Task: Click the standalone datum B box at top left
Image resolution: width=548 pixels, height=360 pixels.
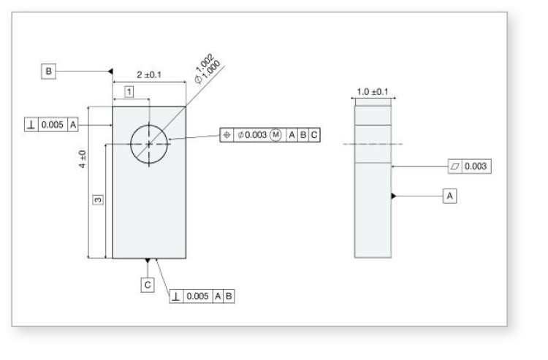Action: (49, 71)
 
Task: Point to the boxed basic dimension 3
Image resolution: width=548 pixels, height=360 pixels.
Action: (96, 199)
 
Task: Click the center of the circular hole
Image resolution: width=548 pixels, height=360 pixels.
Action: (150, 144)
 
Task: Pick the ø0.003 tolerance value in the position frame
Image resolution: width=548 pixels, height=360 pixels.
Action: (251, 135)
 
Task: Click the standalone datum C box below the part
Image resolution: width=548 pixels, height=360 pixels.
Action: (148, 284)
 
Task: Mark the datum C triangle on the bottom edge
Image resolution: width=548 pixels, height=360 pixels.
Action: (148, 261)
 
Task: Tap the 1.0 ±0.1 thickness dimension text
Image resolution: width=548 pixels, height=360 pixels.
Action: (373, 91)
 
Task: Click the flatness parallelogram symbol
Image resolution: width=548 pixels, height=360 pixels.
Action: (454, 167)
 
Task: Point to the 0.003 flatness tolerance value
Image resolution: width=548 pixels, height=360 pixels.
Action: (477, 167)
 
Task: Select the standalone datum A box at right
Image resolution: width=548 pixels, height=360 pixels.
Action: (450, 196)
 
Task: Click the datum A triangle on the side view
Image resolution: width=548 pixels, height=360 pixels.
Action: (395, 196)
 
